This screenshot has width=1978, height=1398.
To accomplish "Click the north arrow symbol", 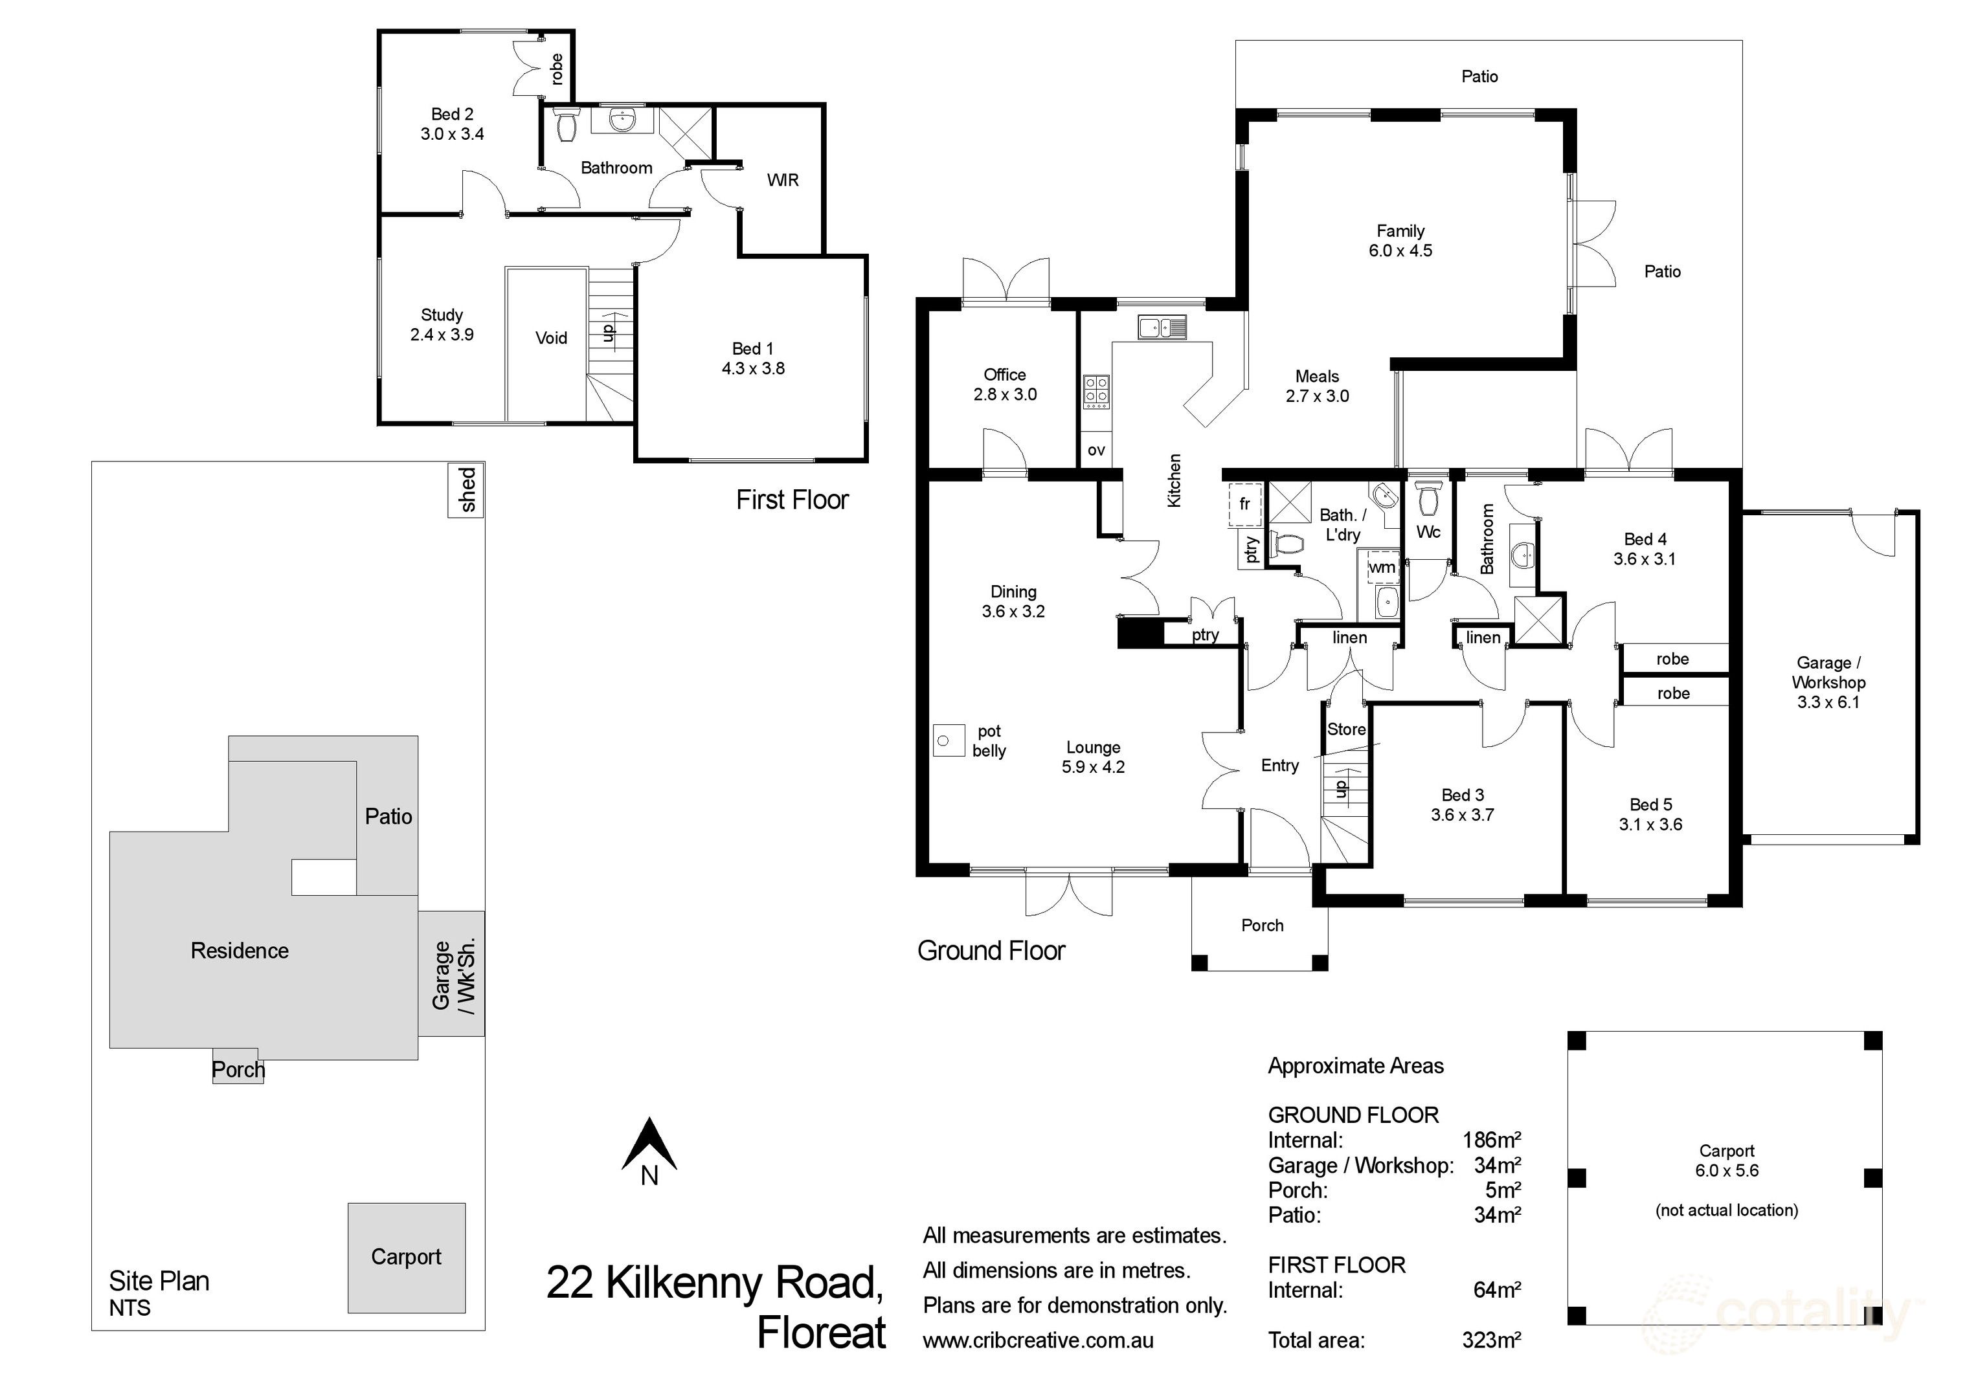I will point(649,1145).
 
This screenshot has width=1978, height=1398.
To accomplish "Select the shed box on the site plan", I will point(466,490).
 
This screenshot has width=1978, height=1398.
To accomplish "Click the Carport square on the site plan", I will point(406,1258).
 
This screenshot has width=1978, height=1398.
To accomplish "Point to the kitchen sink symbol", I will point(1162,327).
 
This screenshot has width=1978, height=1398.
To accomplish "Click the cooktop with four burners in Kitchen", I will point(1096,390).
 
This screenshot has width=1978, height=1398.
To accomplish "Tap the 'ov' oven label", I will point(1096,450).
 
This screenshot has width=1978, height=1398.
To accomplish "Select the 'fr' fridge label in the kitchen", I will point(1244,504).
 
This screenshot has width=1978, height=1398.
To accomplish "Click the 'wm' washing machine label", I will point(1382,567).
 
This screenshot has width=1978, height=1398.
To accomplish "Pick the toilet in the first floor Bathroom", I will point(566,125).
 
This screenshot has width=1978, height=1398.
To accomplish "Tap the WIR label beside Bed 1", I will point(782,180).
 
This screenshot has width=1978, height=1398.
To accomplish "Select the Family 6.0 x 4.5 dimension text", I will point(1400,250).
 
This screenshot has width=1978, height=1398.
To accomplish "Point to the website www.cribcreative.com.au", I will point(1037,1340).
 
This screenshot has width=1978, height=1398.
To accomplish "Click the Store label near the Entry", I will point(1345,729).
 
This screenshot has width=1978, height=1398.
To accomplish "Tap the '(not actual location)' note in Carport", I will point(1726,1210).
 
